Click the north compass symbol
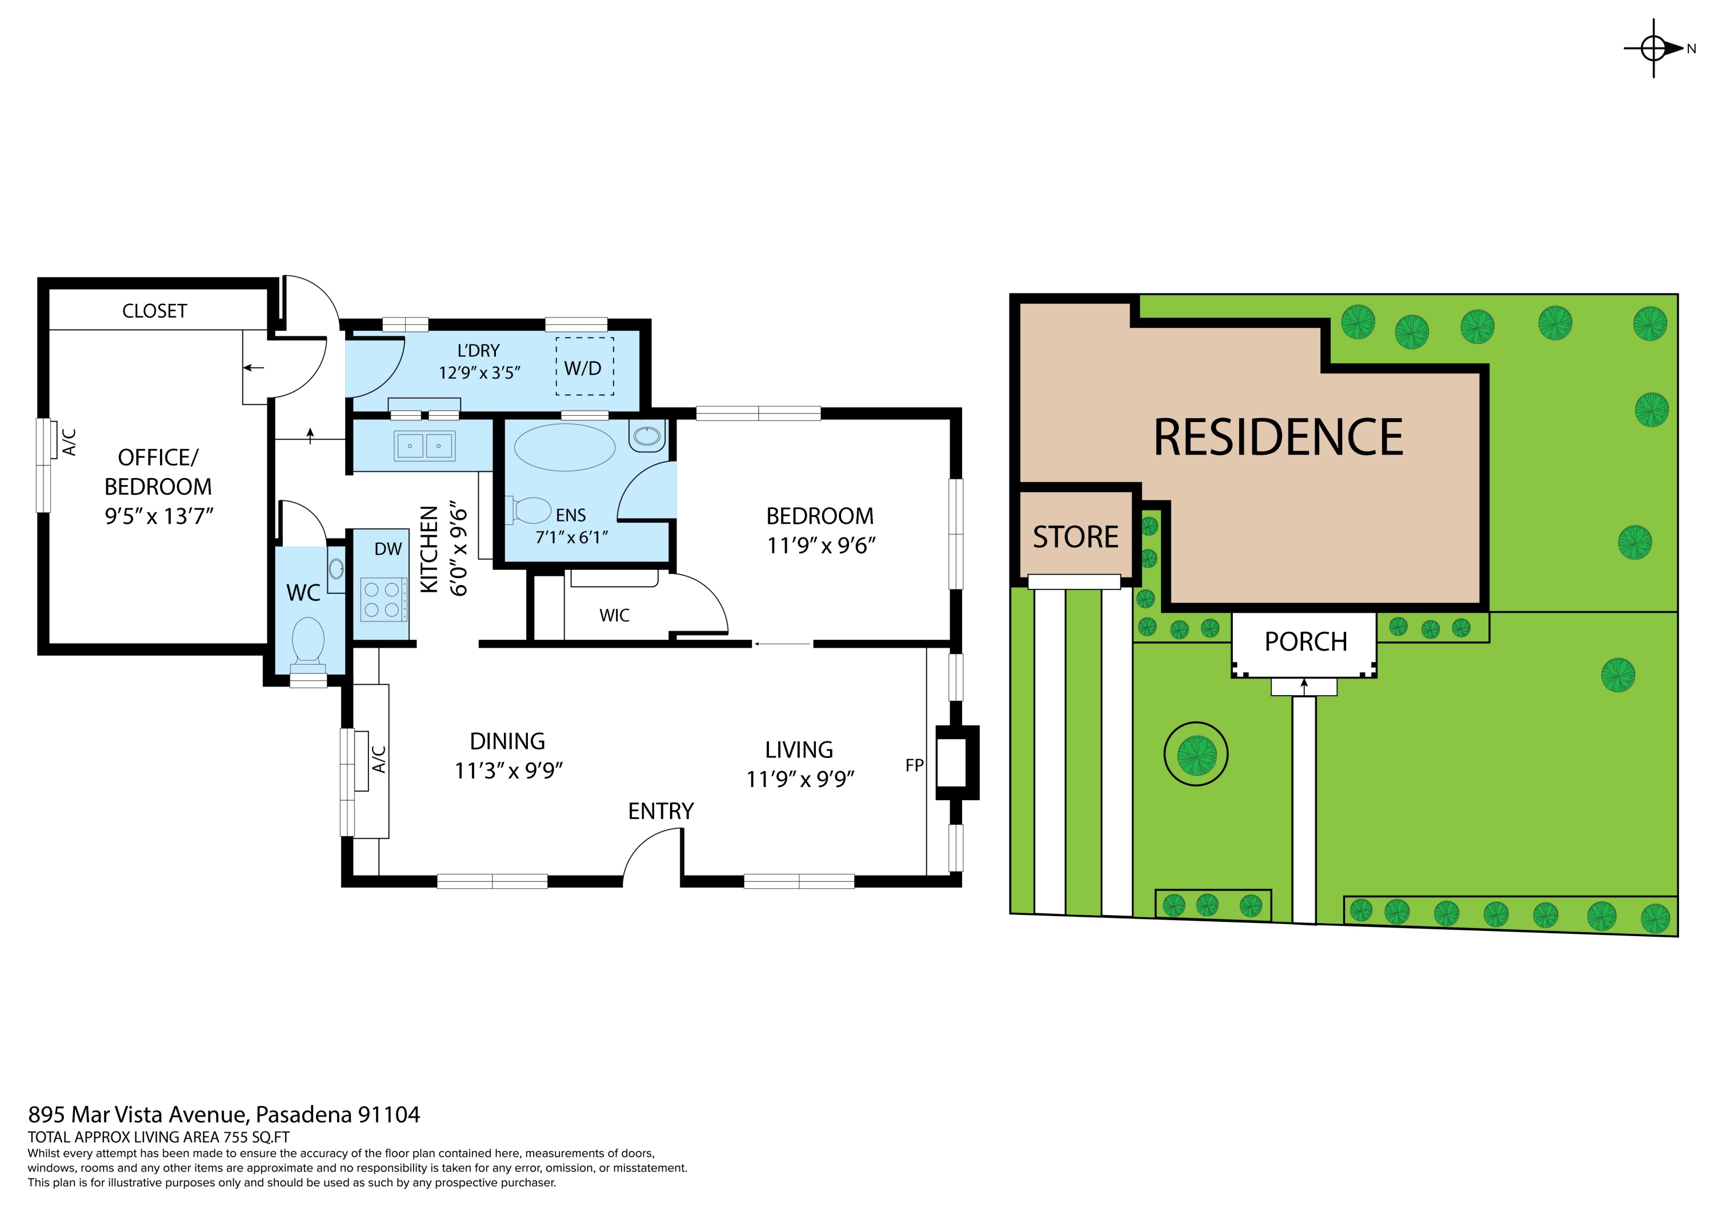tap(1653, 49)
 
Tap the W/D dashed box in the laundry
tap(584, 367)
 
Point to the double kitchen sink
tap(424, 446)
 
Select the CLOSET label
tap(154, 311)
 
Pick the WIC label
tap(614, 616)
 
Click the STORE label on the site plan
tap(1075, 537)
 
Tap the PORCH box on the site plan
tap(1305, 643)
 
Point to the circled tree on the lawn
tap(1196, 754)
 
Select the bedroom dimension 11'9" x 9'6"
tap(821, 546)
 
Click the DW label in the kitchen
tap(388, 549)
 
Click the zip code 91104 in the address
tap(389, 1115)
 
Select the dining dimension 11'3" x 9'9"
tap(508, 771)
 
